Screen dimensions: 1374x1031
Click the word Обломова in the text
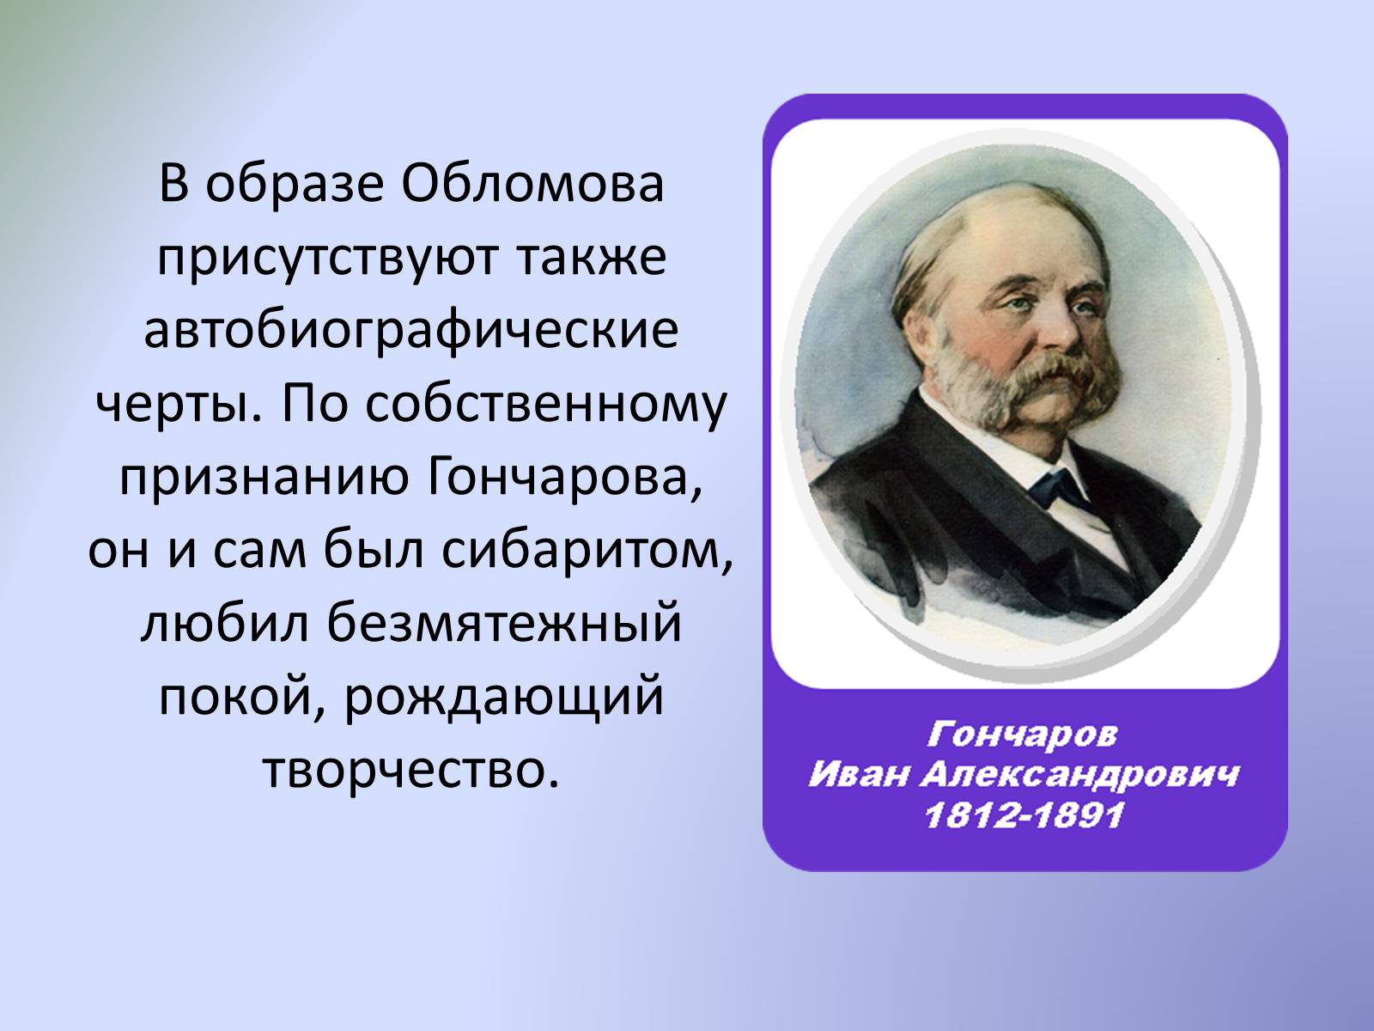pos(532,185)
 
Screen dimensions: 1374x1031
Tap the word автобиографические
pos(411,332)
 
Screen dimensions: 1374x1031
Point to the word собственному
pos(546,405)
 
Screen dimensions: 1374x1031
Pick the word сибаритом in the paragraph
pos(587,551)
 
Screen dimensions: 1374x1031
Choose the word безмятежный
pos(504,625)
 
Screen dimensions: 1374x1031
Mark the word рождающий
pos(504,699)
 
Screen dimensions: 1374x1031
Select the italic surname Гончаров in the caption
pos(1022,735)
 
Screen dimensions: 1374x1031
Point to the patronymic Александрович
pos(1079,777)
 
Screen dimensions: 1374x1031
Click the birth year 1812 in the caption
pos(973,816)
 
